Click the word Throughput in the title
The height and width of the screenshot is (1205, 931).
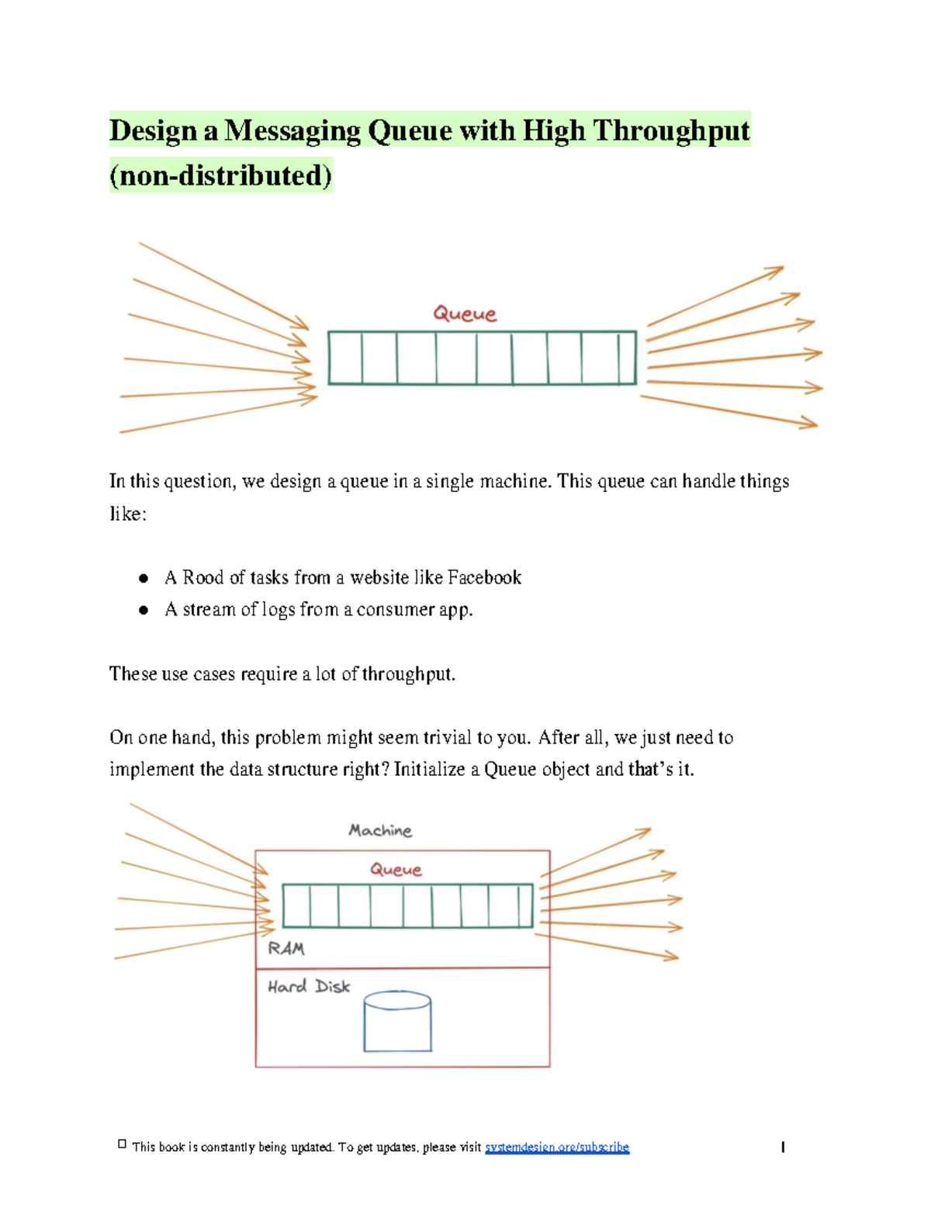point(671,130)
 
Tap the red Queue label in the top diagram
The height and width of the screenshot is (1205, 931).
point(465,314)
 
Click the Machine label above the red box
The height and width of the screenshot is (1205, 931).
point(380,831)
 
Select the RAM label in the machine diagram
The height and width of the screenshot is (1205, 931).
point(286,948)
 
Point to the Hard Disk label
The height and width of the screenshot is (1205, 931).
point(309,987)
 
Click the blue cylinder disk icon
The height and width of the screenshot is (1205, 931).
point(397,1022)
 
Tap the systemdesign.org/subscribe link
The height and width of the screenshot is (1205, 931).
point(556,1147)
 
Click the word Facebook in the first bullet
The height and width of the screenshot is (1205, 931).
point(484,577)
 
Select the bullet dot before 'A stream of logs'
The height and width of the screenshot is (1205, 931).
point(144,610)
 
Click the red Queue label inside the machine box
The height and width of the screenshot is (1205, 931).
point(396,870)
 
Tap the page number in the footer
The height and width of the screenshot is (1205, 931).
point(783,1147)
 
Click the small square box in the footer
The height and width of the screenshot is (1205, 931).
point(122,1144)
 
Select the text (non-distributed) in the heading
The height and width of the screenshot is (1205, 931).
point(221,175)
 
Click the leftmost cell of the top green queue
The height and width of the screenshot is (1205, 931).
point(345,358)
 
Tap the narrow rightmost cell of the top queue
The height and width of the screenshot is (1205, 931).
point(627,358)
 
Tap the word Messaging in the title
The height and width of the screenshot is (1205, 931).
point(292,130)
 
